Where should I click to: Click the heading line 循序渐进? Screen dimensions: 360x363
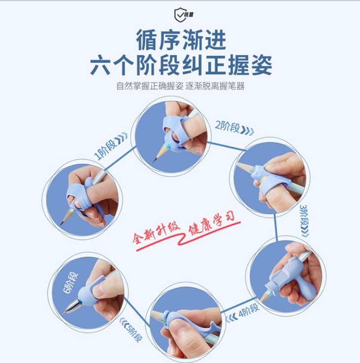(x=181, y=40)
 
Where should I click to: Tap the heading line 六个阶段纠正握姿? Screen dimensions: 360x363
(x=181, y=65)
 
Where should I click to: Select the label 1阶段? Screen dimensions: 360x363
(x=105, y=149)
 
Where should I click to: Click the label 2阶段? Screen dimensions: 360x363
(x=227, y=127)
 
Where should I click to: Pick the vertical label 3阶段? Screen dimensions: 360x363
(x=304, y=215)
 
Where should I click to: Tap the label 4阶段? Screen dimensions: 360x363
(x=249, y=310)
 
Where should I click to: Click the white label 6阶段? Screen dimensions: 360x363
(x=71, y=282)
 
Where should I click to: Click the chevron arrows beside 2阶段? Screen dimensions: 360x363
(x=248, y=131)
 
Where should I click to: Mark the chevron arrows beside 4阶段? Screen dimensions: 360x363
(x=232, y=317)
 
